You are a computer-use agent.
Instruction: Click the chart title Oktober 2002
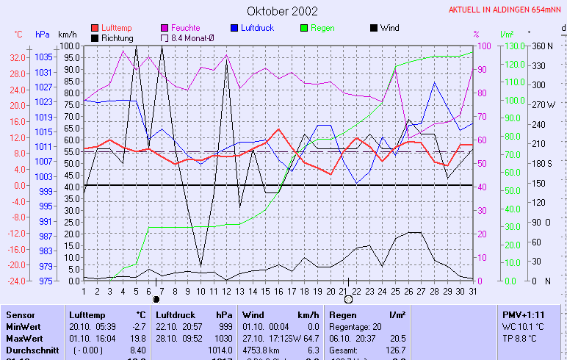pyautogui.click(x=282, y=11)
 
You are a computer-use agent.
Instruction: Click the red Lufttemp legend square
pyautogui.click(x=95, y=28)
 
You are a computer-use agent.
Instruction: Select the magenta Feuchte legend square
pyautogui.click(x=165, y=28)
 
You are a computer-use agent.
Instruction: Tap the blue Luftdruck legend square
pyautogui.click(x=235, y=28)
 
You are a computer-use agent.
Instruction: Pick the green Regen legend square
pyautogui.click(x=305, y=28)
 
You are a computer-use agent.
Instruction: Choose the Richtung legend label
pyautogui.click(x=118, y=37)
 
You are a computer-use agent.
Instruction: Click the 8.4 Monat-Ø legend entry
pyautogui.click(x=192, y=37)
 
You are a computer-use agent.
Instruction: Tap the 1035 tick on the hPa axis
pyautogui.click(x=43, y=57)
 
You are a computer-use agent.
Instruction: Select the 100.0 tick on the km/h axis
pyautogui.click(x=70, y=46)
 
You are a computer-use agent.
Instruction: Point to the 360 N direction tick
pyautogui.click(x=542, y=46)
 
